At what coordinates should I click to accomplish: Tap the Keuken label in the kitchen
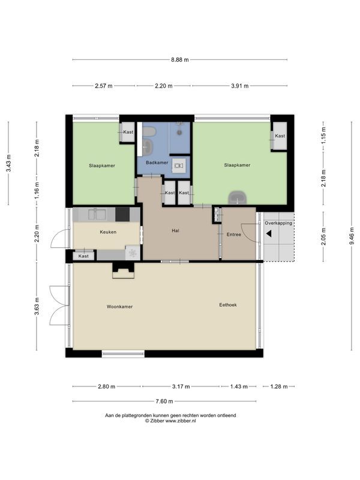click(108, 232)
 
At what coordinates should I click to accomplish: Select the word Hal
click(175, 230)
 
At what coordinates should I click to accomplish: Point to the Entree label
click(233, 235)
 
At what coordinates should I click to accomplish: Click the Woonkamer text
click(119, 306)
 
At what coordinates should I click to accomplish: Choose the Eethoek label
click(227, 305)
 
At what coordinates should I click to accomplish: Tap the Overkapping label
click(278, 223)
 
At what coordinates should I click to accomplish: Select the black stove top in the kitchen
click(122, 214)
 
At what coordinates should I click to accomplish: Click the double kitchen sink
click(97, 214)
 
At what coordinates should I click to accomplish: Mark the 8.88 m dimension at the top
click(179, 59)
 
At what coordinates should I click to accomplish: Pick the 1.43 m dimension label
click(238, 387)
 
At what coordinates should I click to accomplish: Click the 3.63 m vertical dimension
click(37, 307)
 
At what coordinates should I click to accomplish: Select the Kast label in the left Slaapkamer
click(128, 132)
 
